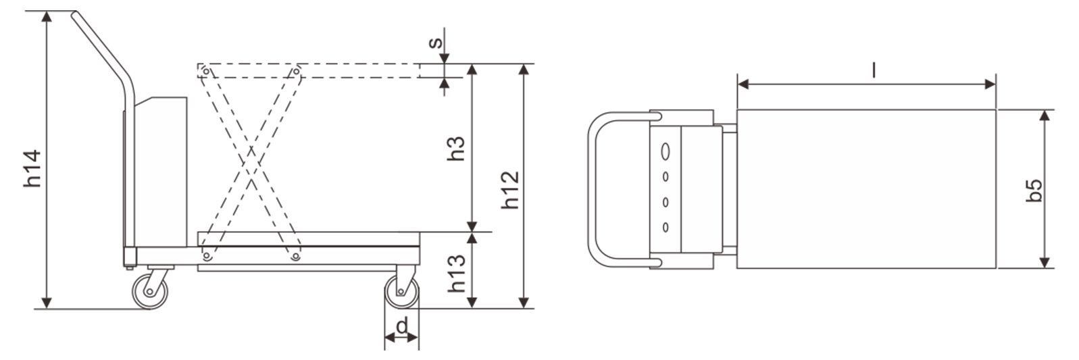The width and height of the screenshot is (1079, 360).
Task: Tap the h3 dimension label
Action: [x=456, y=149]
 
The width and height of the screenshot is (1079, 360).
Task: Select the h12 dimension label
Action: [x=510, y=190]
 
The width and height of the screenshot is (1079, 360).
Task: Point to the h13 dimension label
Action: [x=457, y=274]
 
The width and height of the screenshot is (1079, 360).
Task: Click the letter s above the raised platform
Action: [x=436, y=43]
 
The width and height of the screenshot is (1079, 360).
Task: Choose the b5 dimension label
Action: [x=1034, y=190]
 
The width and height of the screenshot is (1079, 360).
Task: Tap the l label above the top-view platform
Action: [x=874, y=70]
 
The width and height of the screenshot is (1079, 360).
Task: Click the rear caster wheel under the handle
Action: [x=150, y=291]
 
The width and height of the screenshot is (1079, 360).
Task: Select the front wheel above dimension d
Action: [x=401, y=292]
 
